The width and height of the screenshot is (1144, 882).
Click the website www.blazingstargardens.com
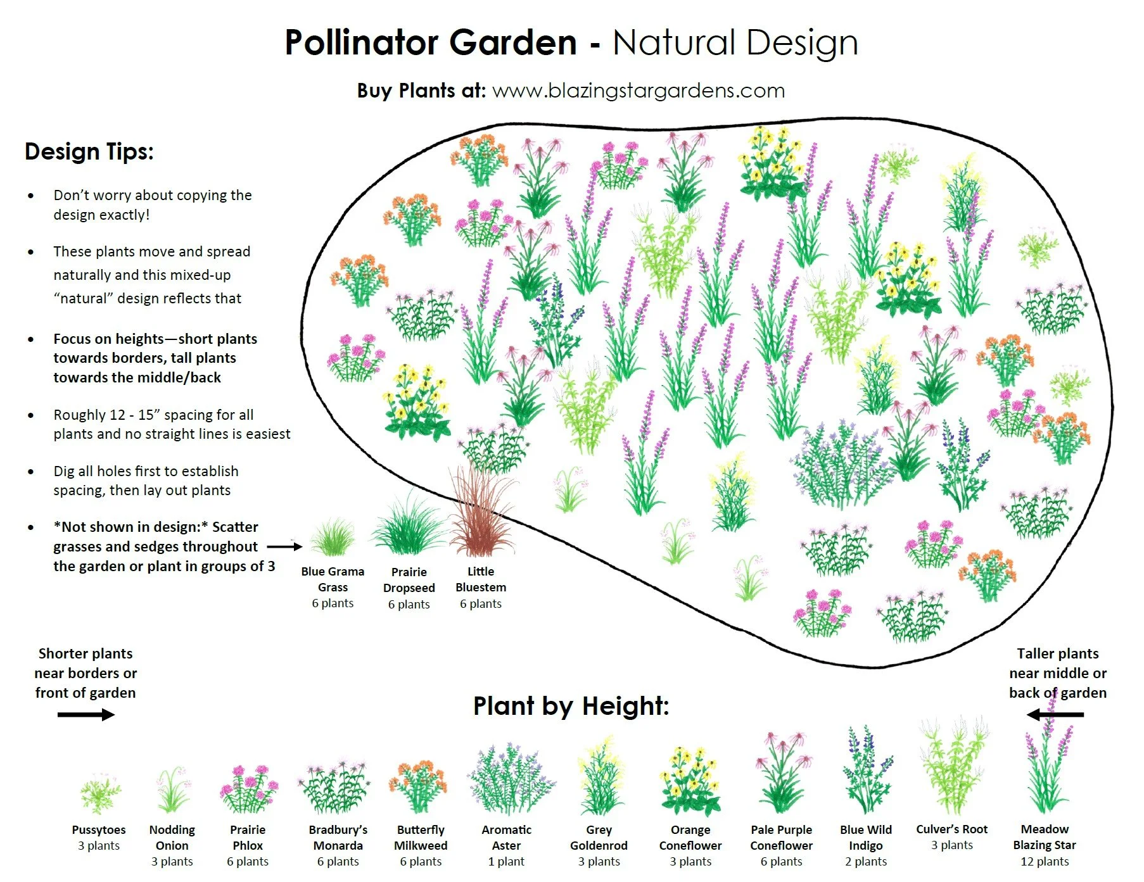(x=638, y=91)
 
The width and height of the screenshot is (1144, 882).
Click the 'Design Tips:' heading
(x=89, y=152)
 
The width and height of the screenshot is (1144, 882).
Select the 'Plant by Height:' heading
(x=571, y=705)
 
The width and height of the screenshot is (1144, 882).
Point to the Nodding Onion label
(x=172, y=837)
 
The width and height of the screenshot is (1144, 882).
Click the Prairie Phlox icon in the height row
(x=248, y=789)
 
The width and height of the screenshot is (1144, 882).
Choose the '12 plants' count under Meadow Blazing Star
(x=1044, y=861)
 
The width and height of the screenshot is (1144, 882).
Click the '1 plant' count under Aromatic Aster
(x=506, y=861)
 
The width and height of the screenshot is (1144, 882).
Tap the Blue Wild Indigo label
(x=865, y=837)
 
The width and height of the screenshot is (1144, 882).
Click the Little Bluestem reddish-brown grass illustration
(x=480, y=513)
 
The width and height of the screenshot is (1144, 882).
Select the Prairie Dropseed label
(x=409, y=579)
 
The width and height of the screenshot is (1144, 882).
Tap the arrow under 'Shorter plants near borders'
(x=86, y=715)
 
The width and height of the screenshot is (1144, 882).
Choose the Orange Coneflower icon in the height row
(x=690, y=782)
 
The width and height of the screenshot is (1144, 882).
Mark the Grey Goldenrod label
(x=599, y=837)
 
